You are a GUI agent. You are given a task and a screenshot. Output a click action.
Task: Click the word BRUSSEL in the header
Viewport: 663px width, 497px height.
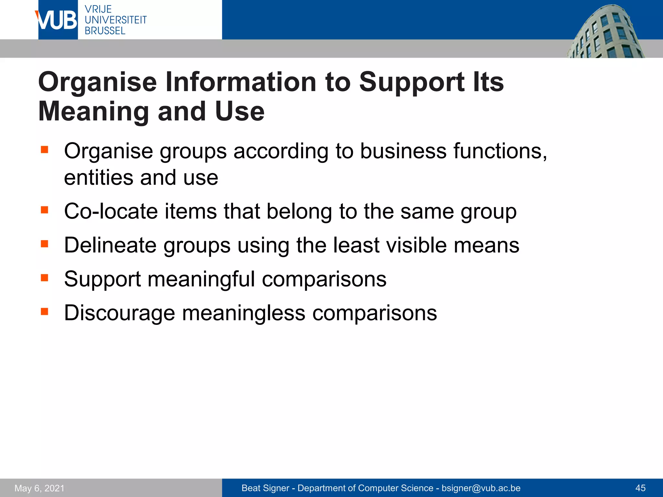(105, 31)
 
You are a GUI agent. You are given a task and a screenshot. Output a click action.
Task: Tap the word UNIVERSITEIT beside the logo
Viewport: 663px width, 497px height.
(116, 20)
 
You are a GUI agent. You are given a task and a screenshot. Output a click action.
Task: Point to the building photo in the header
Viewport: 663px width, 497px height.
(605, 32)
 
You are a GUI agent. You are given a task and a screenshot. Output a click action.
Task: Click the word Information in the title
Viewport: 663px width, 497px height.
(241, 82)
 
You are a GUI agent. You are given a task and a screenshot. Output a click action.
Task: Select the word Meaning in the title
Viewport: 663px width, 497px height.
(94, 112)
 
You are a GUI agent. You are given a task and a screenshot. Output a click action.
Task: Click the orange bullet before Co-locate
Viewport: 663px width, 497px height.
(44, 210)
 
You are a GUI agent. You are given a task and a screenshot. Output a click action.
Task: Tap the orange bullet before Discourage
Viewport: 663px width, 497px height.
(44, 312)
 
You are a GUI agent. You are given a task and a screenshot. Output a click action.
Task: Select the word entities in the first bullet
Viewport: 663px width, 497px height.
(99, 178)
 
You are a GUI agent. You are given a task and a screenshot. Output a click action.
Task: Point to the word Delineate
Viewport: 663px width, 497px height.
(110, 245)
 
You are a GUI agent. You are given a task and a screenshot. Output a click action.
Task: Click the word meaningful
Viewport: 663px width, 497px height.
(201, 279)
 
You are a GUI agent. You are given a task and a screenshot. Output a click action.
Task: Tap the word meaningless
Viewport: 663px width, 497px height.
(243, 313)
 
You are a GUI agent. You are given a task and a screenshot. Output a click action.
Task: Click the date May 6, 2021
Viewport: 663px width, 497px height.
(39, 488)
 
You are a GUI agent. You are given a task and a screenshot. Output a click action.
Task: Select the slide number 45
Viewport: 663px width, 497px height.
(640, 488)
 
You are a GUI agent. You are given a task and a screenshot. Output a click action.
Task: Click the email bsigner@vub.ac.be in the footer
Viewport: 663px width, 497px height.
(481, 488)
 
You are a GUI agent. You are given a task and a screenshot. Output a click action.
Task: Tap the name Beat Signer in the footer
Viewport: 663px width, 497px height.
(265, 488)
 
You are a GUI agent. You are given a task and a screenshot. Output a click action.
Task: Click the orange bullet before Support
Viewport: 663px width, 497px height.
(44, 278)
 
